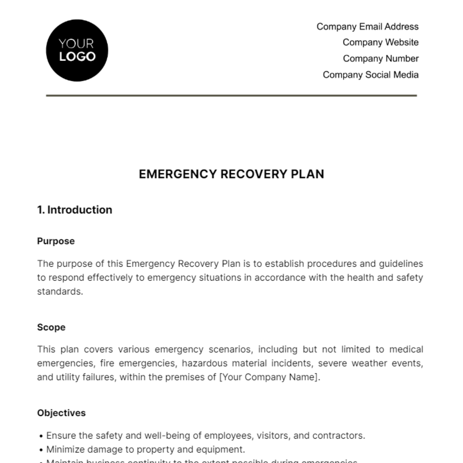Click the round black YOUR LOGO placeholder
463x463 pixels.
point(77,51)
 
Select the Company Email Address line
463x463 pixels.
point(367,27)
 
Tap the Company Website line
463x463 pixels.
point(380,42)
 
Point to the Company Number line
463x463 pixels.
point(380,59)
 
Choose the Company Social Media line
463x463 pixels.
point(370,75)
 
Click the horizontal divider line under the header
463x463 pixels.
point(231,95)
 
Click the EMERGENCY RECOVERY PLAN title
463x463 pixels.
point(231,174)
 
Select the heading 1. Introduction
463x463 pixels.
point(74,210)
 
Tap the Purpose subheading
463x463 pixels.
point(56,241)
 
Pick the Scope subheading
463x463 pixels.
point(51,327)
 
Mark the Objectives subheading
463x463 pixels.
point(61,413)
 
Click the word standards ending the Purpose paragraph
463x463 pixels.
point(60,291)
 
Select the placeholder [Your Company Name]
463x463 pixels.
point(269,377)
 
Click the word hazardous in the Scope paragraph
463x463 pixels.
point(203,363)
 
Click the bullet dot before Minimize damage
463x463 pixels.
point(41,450)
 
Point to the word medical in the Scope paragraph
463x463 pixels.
point(406,350)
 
